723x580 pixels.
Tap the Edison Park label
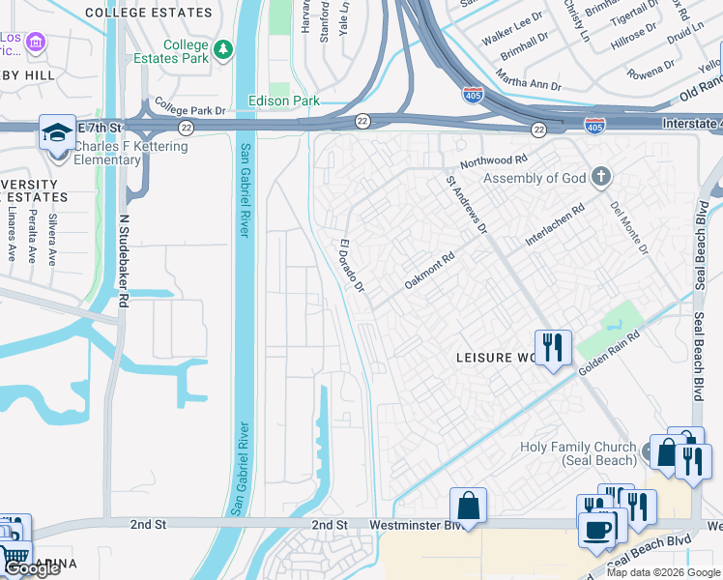pyautogui.click(x=284, y=101)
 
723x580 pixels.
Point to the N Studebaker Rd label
pyautogui.click(x=123, y=260)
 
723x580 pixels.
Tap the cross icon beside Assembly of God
pyautogui.click(x=601, y=176)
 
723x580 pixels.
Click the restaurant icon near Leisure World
pyautogui.click(x=553, y=346)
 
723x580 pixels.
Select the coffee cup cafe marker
pyautogui.click(x=596, y=529)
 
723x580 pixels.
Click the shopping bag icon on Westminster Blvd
pyautogui.click(x=468, y=505)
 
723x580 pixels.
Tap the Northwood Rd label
pyautogui.click(x=494, y=161)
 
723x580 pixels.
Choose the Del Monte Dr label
pyautogui.click(x=628, y=228)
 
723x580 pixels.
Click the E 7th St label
pyautogui.click(x=101, y=127)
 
